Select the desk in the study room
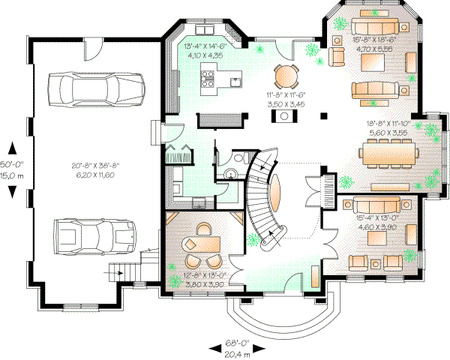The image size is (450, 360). coord(202,244)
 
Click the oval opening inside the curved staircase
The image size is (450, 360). coord(276,194)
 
